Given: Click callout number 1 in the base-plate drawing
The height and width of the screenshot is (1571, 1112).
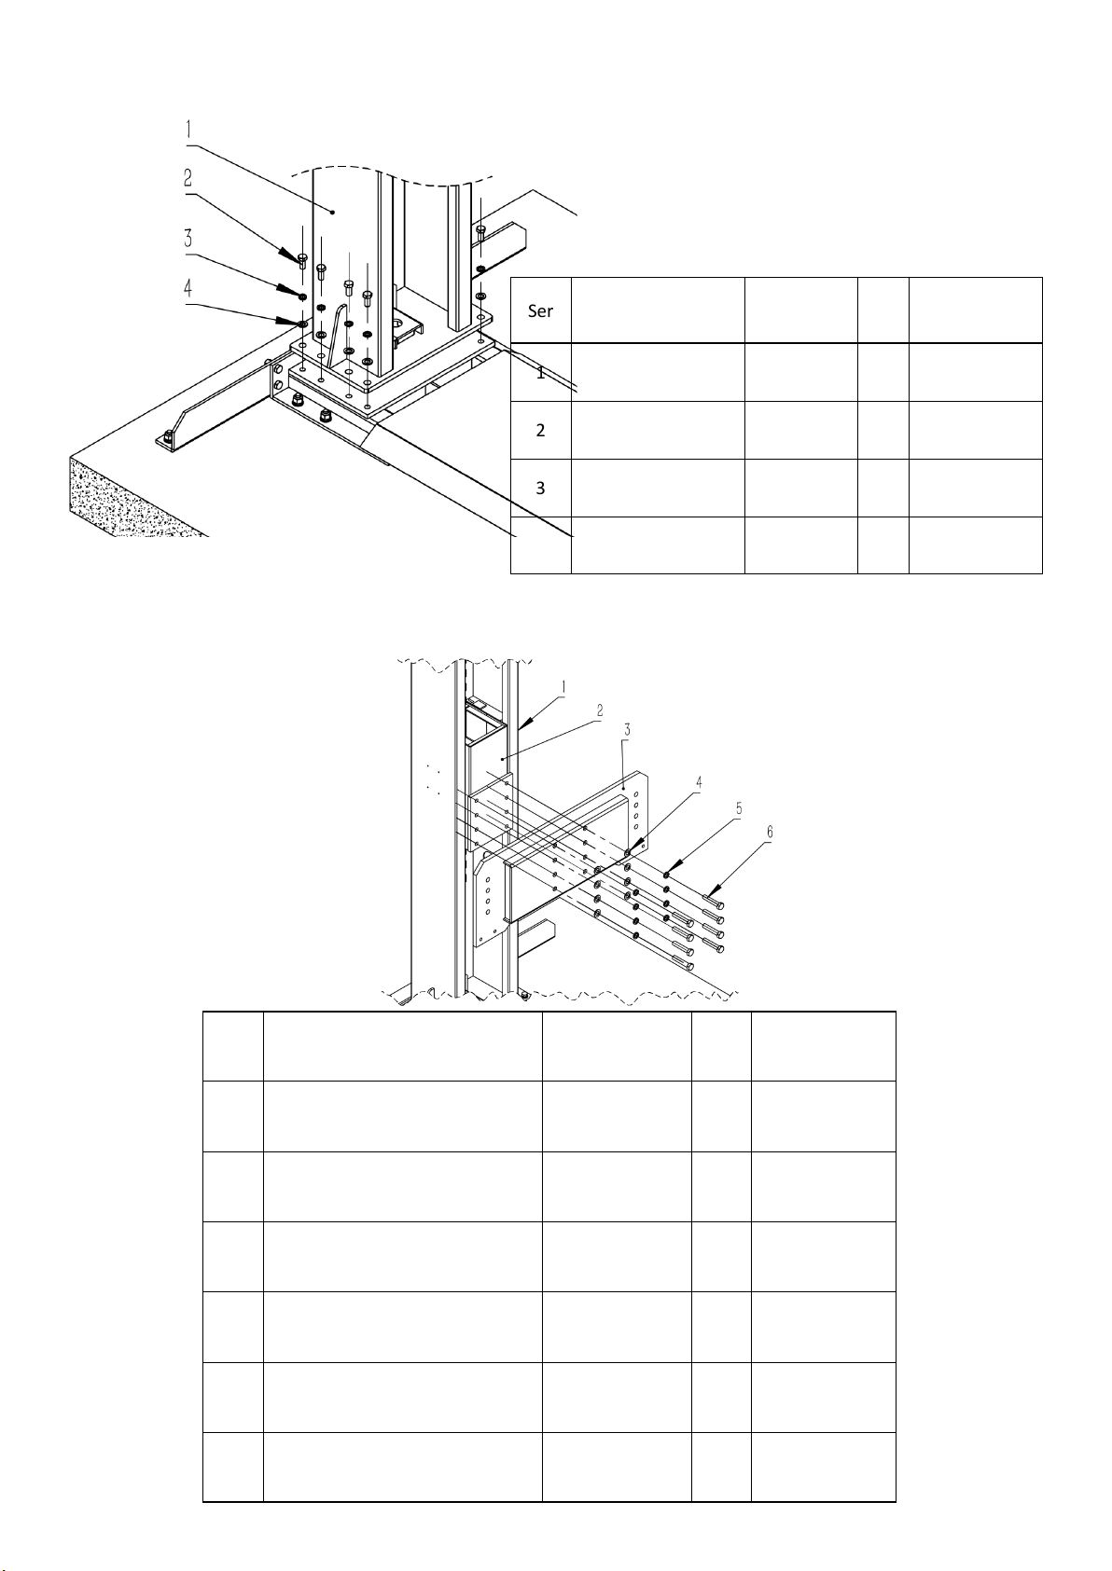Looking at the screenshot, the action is (188, 130).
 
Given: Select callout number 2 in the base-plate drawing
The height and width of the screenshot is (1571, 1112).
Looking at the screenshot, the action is (188, 177).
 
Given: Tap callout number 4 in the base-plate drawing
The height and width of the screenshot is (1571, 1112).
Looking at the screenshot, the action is (188, 288).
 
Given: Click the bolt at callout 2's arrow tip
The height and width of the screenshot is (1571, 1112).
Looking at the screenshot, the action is (302, 261).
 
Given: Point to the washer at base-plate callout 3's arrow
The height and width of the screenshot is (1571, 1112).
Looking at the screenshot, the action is (301, 296).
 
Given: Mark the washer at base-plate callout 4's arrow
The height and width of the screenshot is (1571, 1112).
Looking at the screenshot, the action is (301, 324).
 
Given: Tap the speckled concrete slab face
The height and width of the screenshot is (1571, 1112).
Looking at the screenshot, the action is (133, 497).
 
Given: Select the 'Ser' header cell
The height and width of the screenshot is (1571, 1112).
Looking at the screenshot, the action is (540, 310).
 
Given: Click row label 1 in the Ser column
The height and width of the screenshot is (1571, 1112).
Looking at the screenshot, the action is (540, 373).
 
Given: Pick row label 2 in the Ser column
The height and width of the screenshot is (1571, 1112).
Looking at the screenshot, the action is (540, 430).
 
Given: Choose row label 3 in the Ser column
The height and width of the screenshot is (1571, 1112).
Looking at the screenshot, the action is (540, 488).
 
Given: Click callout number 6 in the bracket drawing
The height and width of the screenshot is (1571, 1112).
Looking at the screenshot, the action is (770, 832).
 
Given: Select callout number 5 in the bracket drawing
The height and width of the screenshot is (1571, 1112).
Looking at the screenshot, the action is (739, 808).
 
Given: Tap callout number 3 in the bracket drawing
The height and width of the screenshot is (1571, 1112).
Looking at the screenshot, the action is (627, 729).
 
